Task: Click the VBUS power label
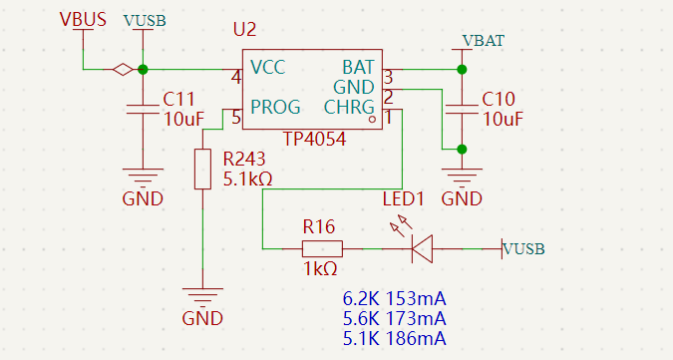coord(83,20)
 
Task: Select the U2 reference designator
coord(244,30)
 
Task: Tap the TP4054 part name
coord(314,139)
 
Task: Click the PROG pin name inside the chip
coord(275,107)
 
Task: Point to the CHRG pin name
coord(349,107)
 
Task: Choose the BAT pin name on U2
coord(358,67)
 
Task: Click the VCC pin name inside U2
coord(268,67)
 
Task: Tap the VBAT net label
coord(484,41)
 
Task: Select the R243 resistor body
coord(202,170)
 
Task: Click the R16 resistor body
coord(322,249)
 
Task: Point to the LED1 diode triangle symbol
coord(422,249)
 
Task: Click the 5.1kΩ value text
coord(247,179)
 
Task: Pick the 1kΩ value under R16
coord(320,268)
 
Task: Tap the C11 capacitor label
coord(178,99)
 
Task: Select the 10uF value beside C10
coord(504,119)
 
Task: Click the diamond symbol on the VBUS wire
coord(123,69)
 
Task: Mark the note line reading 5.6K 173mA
coord(395,318)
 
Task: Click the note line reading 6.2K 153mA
coord(395,298)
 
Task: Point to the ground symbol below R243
coord(202,296)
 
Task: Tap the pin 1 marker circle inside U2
coord(372,120)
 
